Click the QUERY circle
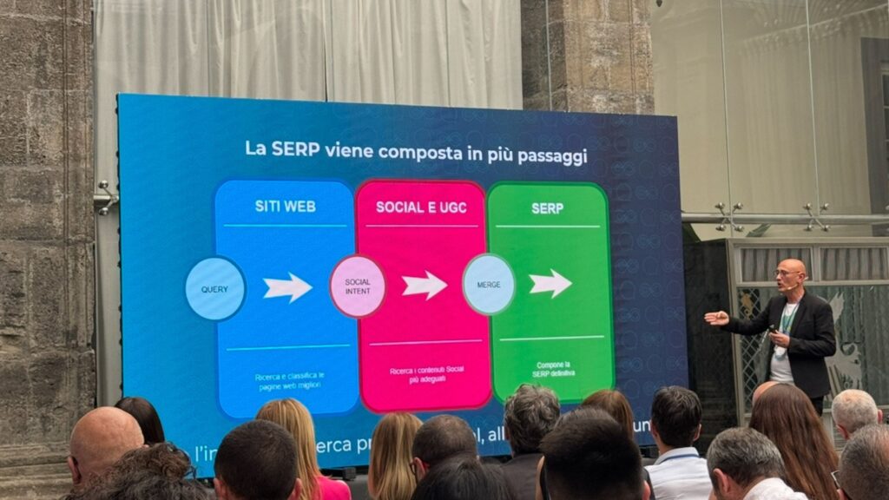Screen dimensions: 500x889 coord(214,288)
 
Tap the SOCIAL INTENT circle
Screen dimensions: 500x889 coord(358,286)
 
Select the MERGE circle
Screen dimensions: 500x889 coord(489,284)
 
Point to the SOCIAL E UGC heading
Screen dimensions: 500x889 coord(421,207)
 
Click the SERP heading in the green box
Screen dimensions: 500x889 coord(547,208)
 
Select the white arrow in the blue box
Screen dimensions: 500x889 coord(287,287)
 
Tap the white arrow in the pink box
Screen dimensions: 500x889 coord(425,285)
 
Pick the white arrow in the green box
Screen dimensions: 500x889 coord(550,283)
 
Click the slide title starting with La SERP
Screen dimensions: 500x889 coord(416,149)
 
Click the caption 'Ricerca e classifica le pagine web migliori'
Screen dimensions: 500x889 coord(289,380)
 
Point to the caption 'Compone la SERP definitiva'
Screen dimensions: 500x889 coord(553,368)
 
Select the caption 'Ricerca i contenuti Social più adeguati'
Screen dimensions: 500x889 coord(426,374)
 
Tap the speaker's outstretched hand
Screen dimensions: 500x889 coord(715,318)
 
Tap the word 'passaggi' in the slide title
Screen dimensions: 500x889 coord(552,156)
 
